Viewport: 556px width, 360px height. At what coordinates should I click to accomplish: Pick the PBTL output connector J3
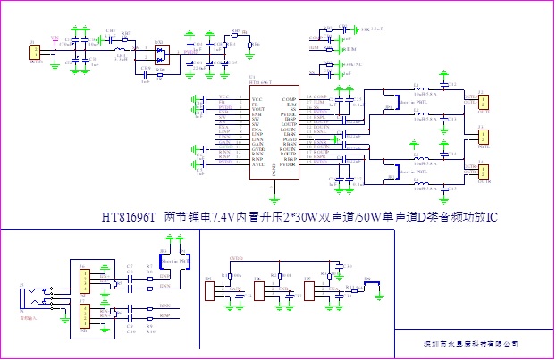[x=483, y=136]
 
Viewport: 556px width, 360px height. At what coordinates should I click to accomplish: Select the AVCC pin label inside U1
[x=257, y=165]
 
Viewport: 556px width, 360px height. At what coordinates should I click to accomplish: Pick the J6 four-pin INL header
[x=83, y=280]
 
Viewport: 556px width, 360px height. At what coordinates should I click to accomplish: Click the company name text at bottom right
[x=470, y=343]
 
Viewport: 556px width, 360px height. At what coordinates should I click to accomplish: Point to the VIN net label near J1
[x=55, y=38]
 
